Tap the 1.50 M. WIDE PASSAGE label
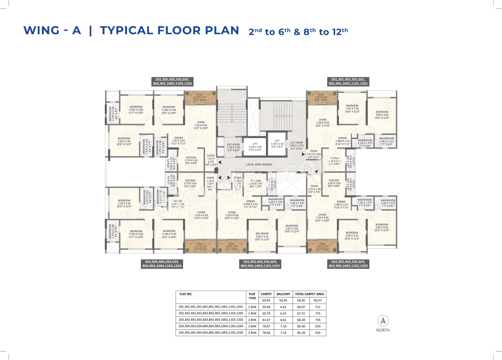click(258, 164)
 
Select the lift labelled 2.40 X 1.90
click(255, 147)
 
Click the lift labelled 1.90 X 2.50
click(277, 144)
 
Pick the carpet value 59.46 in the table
click(266, 307)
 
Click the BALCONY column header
click(283, 294)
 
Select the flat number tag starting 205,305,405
click(172, 82)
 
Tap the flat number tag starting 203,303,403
click(260, 264)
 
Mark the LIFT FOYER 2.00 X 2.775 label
click(296, 145)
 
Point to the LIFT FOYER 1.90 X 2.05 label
click(233, 147)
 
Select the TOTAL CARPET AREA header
click(309, 294)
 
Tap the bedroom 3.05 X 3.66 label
click(382, 227)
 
